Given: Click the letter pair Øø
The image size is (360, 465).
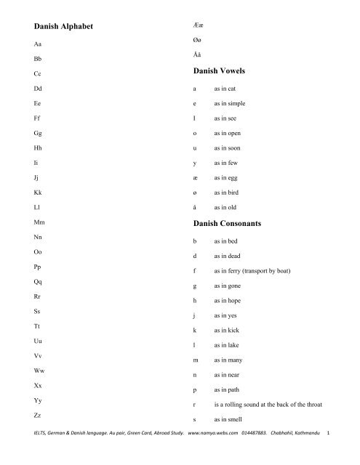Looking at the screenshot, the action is pos(196,41).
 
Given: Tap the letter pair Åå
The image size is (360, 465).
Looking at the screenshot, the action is pos(196,57).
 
